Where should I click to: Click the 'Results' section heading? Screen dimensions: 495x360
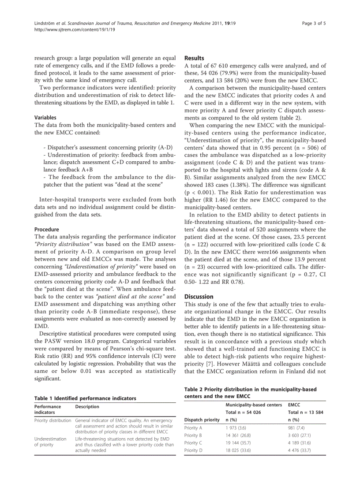pos(194,58)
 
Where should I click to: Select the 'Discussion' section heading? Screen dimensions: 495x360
pos(199,297)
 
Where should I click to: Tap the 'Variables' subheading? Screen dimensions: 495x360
pos(45,118)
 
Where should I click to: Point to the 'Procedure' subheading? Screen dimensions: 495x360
pos(46,230)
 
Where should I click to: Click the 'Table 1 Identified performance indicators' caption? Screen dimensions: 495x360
pos(85,398)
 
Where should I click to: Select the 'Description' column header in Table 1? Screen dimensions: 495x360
pos(87,406)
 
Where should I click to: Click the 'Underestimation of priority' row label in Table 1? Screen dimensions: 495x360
pos(50,442)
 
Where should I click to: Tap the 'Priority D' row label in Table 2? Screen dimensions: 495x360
pos(193,450)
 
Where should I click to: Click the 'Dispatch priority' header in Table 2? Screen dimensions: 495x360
pos(202,420)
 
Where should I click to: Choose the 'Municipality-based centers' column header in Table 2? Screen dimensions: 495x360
pos(254,405)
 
